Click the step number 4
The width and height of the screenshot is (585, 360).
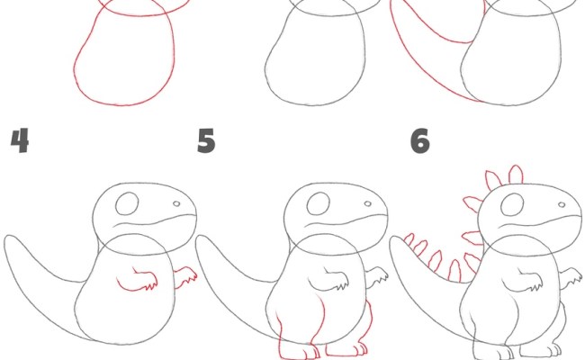19,141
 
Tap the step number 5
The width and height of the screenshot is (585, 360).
207,141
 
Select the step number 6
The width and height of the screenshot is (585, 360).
419,141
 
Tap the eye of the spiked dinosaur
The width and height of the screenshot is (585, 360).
510,204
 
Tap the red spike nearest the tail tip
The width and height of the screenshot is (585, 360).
407,241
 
